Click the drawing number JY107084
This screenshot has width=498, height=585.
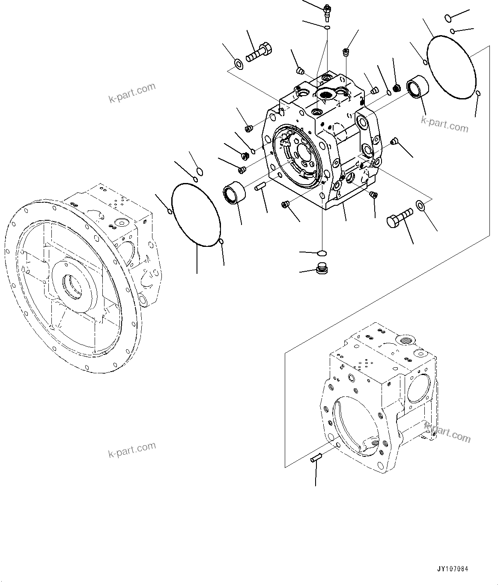(453, 569)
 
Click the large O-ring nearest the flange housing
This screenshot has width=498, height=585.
(196, 214)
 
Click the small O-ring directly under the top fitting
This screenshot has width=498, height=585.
(327, 27)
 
